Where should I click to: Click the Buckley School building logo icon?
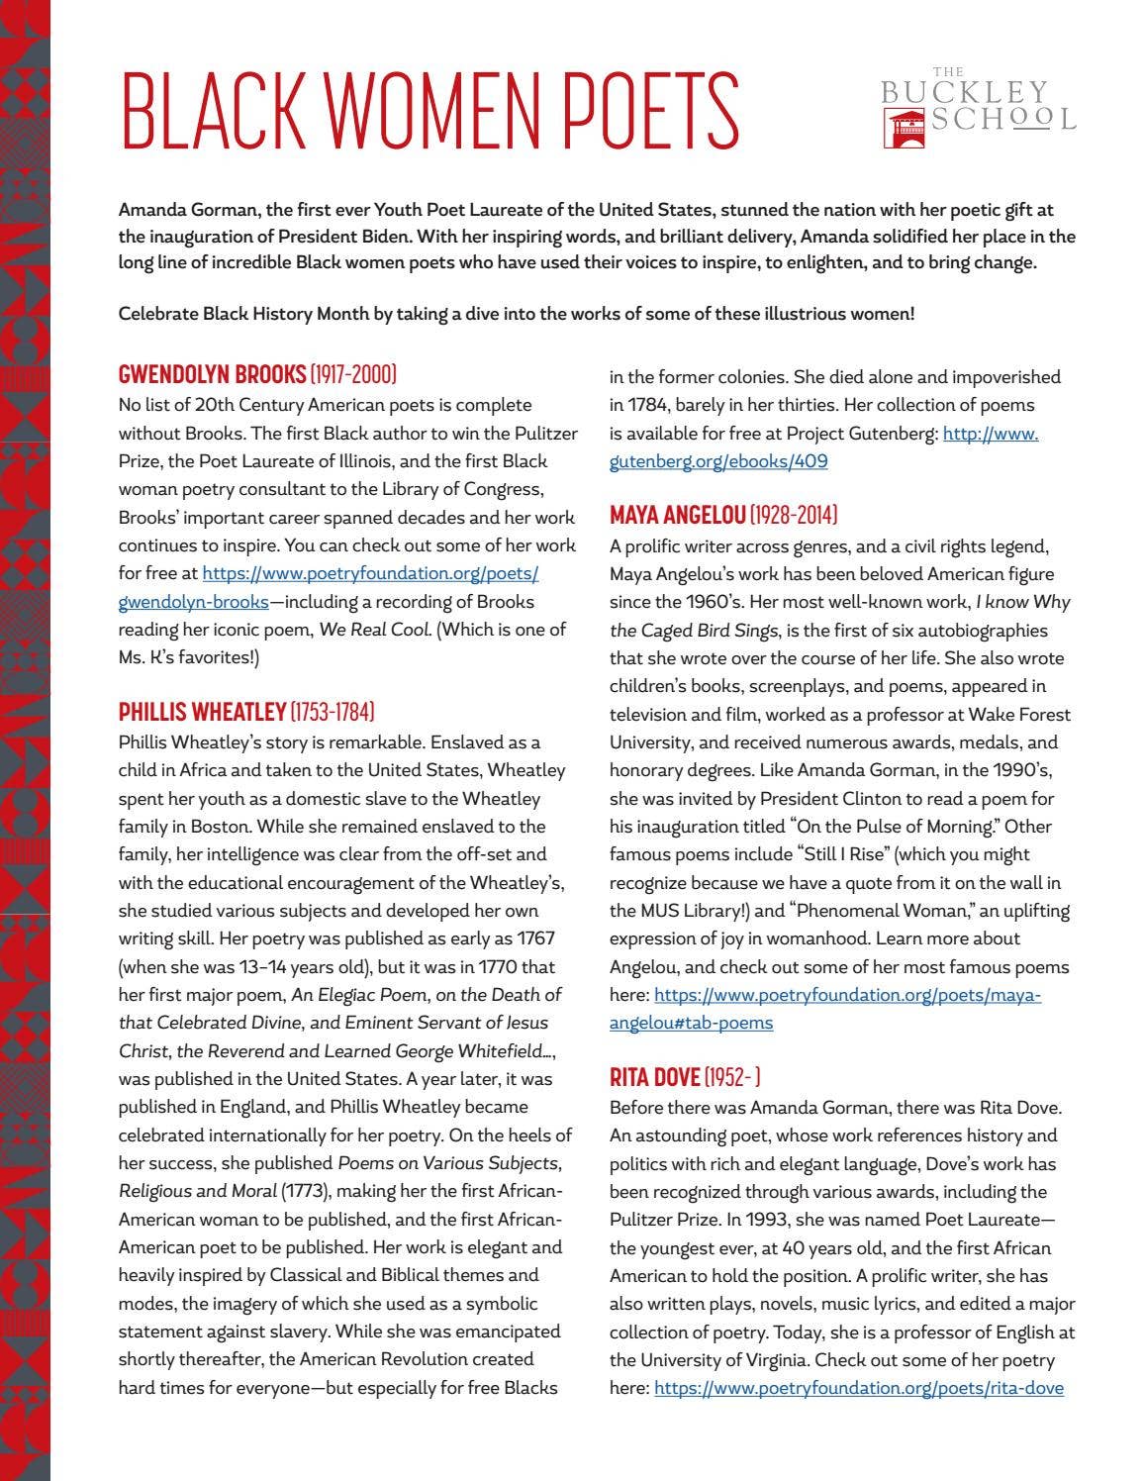click(x=904, y=128)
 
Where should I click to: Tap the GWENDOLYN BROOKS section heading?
click(x=212, y=374)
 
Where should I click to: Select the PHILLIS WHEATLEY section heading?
click(x=202, y=712)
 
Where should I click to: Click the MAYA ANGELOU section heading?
click(x=677, y=515)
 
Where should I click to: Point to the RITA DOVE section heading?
click(x=654, y=1077)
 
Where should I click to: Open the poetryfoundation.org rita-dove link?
click(x=859, y=1388)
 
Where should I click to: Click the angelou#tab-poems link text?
click(x=691, y=1023)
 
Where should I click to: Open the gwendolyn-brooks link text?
click(x=193, y=602)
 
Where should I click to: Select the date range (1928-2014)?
click(x=794, y=515)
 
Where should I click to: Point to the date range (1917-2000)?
click(x=353, y=374)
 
